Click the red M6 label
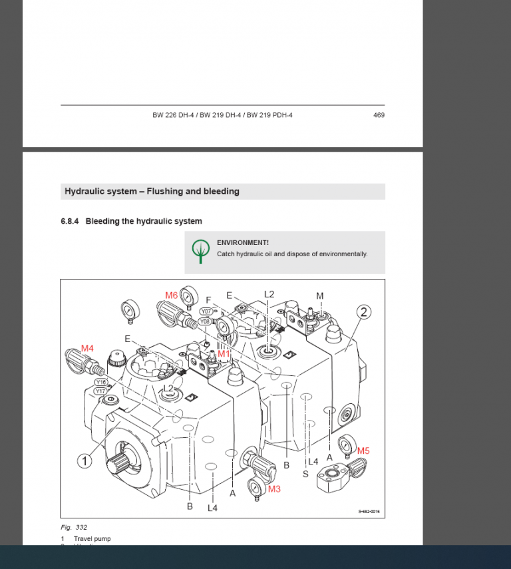[x=172, y=295]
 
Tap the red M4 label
[x=87, y=348]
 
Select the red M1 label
[x=224, y=354]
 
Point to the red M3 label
[x=274, y=488]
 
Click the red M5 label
[x=363, y=451]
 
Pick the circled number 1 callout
[x=85, y=461]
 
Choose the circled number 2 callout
[x=363, y=312]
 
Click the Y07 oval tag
[x=206, y=311]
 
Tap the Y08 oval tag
[x=205, y=321]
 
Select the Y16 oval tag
[x=100, y=382]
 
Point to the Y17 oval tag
[x=100, y=391]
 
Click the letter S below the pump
[x=305, y=474]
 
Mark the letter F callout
[x=208, y=300]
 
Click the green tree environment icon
[x=201, y=251]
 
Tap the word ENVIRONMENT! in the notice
[x=243, y=243]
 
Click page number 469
[x=379, y=115]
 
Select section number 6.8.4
[x=70, y=221]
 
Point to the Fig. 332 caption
[x=74, y=528]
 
